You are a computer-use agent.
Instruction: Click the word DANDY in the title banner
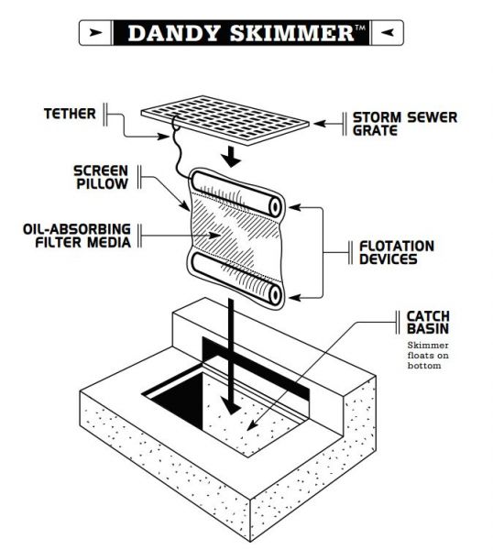(173, 33)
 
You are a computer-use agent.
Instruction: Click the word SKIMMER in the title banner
(291, 33)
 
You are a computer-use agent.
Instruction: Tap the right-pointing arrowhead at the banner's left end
(95, 33)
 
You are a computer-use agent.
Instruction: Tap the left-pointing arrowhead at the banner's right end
(387, 33)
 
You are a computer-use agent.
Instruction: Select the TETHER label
(70, 114)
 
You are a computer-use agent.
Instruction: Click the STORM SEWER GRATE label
(405, 124)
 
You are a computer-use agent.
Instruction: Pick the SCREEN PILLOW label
(101, 177)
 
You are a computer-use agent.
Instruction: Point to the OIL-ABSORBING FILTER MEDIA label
(77, 236)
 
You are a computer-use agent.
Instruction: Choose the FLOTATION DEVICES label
(397, 253)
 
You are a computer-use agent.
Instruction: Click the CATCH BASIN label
(428, 323)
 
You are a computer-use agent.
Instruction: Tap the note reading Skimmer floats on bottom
(428, 356)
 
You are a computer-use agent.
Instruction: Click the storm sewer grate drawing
(225, 120)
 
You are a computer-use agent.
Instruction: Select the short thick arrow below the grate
(232, 157)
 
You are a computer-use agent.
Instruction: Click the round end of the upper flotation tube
(276, 207)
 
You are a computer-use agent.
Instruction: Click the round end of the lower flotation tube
(276, 295)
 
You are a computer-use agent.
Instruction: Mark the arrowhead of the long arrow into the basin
(231, 407)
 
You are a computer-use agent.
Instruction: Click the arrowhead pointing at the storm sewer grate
(320, 124)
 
